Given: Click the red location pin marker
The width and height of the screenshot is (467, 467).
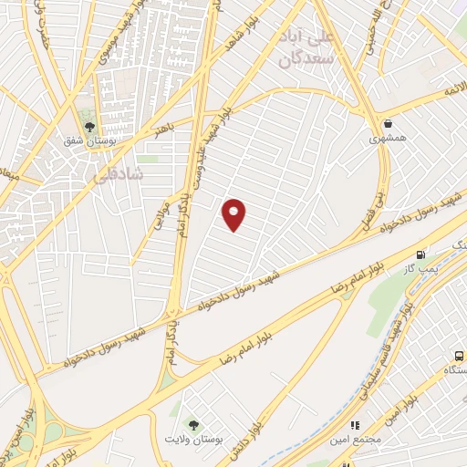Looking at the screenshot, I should pos(234,213).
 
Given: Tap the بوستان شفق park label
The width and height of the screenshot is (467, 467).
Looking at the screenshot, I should pos(89,143).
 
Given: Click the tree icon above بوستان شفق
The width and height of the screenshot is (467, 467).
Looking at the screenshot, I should pos(89,128).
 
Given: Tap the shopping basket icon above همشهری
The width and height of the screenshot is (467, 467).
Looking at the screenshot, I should pos(389,124).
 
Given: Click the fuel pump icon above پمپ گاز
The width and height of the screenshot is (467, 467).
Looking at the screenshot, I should pos(420,254).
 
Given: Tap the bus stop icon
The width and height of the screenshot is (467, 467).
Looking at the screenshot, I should pos(458,356).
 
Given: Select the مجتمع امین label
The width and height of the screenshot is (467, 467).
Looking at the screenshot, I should pos(354,440).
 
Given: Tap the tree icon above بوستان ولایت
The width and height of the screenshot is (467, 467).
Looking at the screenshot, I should pos(192,424).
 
